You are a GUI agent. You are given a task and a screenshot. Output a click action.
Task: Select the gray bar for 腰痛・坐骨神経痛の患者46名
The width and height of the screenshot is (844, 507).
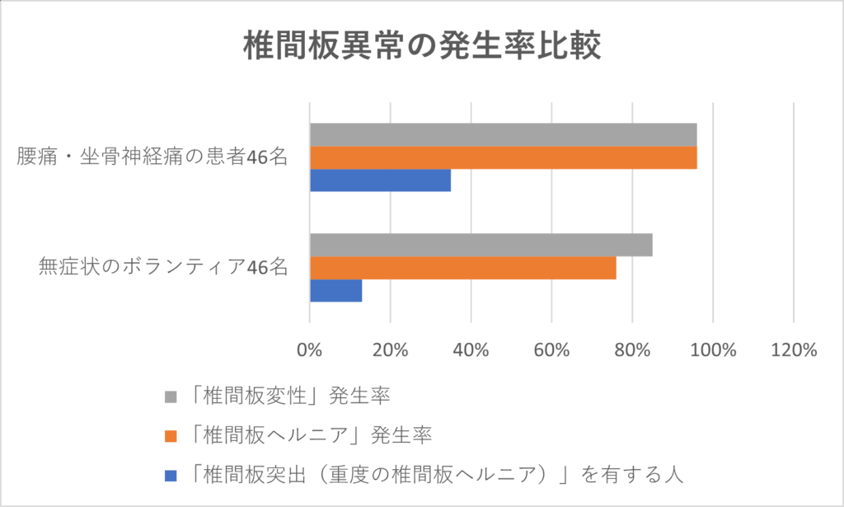(x=503, y=134)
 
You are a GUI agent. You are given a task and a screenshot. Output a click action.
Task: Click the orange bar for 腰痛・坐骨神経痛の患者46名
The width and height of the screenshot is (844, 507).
(x=503, y=157)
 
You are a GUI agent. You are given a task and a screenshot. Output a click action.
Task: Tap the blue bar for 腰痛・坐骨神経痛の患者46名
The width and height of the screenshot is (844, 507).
(x=380, y=180)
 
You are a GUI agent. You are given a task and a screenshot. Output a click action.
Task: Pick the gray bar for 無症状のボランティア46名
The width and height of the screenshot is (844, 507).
(x=481, y=245)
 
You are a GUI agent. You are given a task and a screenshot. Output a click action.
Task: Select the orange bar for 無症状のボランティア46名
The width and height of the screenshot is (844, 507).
(x=462, y=268)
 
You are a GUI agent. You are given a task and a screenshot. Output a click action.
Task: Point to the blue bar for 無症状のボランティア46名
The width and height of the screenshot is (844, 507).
(x=335, y=290)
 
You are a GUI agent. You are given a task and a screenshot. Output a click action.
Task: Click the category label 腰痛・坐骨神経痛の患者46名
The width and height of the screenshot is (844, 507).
(x=152, y=157)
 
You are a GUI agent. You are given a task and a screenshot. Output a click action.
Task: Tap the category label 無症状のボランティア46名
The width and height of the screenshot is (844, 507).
(x=162, y=267)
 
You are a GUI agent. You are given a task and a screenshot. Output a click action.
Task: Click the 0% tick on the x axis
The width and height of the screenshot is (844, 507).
(x=309, y=350)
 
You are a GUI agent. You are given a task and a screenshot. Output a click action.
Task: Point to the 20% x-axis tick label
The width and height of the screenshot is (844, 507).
(x=390, y=350)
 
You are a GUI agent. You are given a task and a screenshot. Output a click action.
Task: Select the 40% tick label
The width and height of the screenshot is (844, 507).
(x=471, y=350)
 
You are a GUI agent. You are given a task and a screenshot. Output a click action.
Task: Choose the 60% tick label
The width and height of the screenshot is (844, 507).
(x=551, y=350)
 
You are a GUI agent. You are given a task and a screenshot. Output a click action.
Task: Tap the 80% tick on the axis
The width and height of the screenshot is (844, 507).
(x=632, y=350)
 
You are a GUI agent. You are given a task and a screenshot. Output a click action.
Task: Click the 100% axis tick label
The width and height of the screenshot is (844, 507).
(x=712, y=350)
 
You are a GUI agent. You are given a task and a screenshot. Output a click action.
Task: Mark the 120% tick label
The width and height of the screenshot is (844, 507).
(x=793, y=350)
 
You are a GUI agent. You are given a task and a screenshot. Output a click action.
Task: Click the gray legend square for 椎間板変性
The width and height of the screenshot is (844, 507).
(x=171, y=396)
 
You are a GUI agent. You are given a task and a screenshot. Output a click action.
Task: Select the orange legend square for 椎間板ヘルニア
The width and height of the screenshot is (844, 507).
(x=171, y=434)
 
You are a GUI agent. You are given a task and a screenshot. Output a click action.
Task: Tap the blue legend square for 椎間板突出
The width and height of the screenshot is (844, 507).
(x=171, y=474)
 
